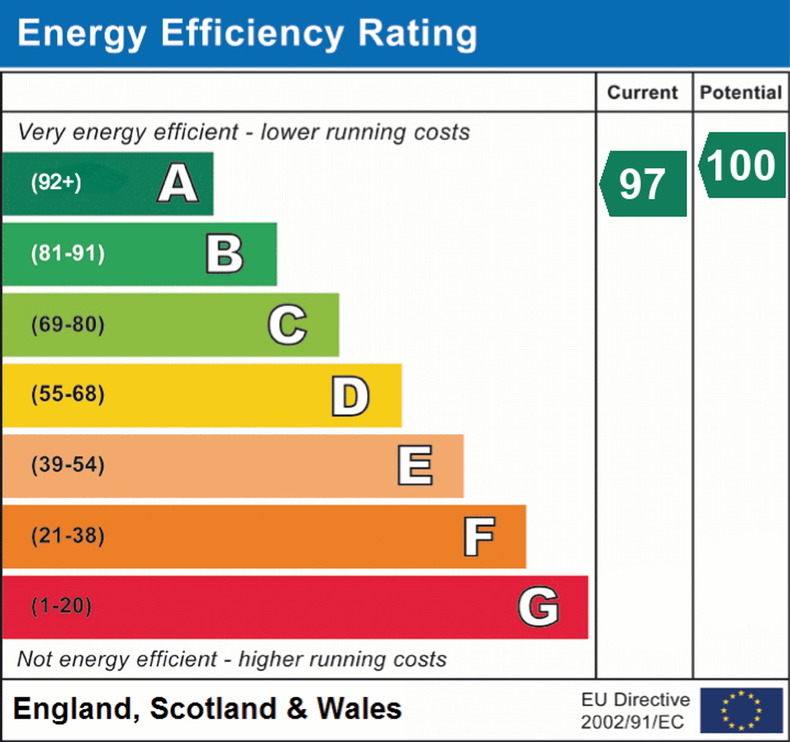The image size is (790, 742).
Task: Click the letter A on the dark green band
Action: pyautogui.click(x=178, y=183)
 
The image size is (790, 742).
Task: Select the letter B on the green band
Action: pyautogui.click(x=224, y=254)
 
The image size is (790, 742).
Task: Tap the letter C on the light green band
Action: pyautogui.click(x=287, y=324)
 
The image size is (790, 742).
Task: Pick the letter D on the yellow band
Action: pyautogui.click(x=350, y=396)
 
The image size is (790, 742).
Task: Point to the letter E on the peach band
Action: pyautogui.click(x=415, y=465)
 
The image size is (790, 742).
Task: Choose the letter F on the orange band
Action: pyautogui.click(x=479, y=536)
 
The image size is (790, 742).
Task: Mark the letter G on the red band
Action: pyautogui.click(x=538, y=606)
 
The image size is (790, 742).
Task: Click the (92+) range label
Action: pyautogui.click(x=56, y=183)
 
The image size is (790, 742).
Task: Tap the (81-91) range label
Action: pyautogui.click(x=68, y=254)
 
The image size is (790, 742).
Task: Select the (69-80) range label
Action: pyautogui.click(x=68, y=324)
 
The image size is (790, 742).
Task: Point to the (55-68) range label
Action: pyautogui.click(x=68, y=394)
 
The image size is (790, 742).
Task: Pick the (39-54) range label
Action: pyautogui.click(x=68, y=465)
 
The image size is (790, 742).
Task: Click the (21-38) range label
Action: pyautogui.click(x=68, y=536)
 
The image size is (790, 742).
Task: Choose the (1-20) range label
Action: pyautogui.click(x=61, y=606)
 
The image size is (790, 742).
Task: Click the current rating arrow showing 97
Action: pyautogui.click(x=643, y=184)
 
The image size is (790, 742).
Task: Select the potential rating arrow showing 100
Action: pyautogui.click(x=741, y=165)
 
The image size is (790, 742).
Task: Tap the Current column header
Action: pyautogui.click(x=643, y=92)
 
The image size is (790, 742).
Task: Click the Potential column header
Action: pyautogui.click(x=741, y=92)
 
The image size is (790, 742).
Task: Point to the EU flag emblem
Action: pyautogui.click(x=741, y=710)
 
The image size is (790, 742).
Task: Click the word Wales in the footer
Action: pyautogui.click(x=359, y=709)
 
